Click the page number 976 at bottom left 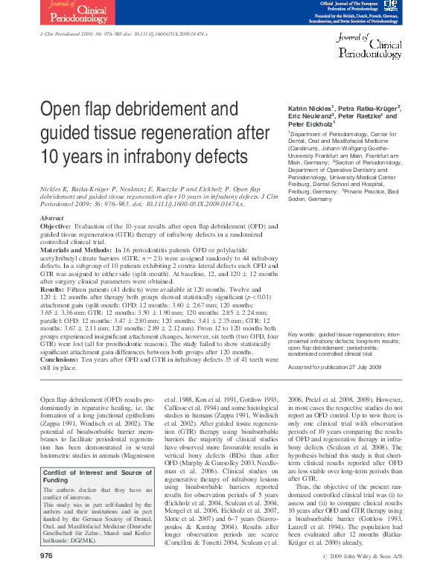coord(46,557)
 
